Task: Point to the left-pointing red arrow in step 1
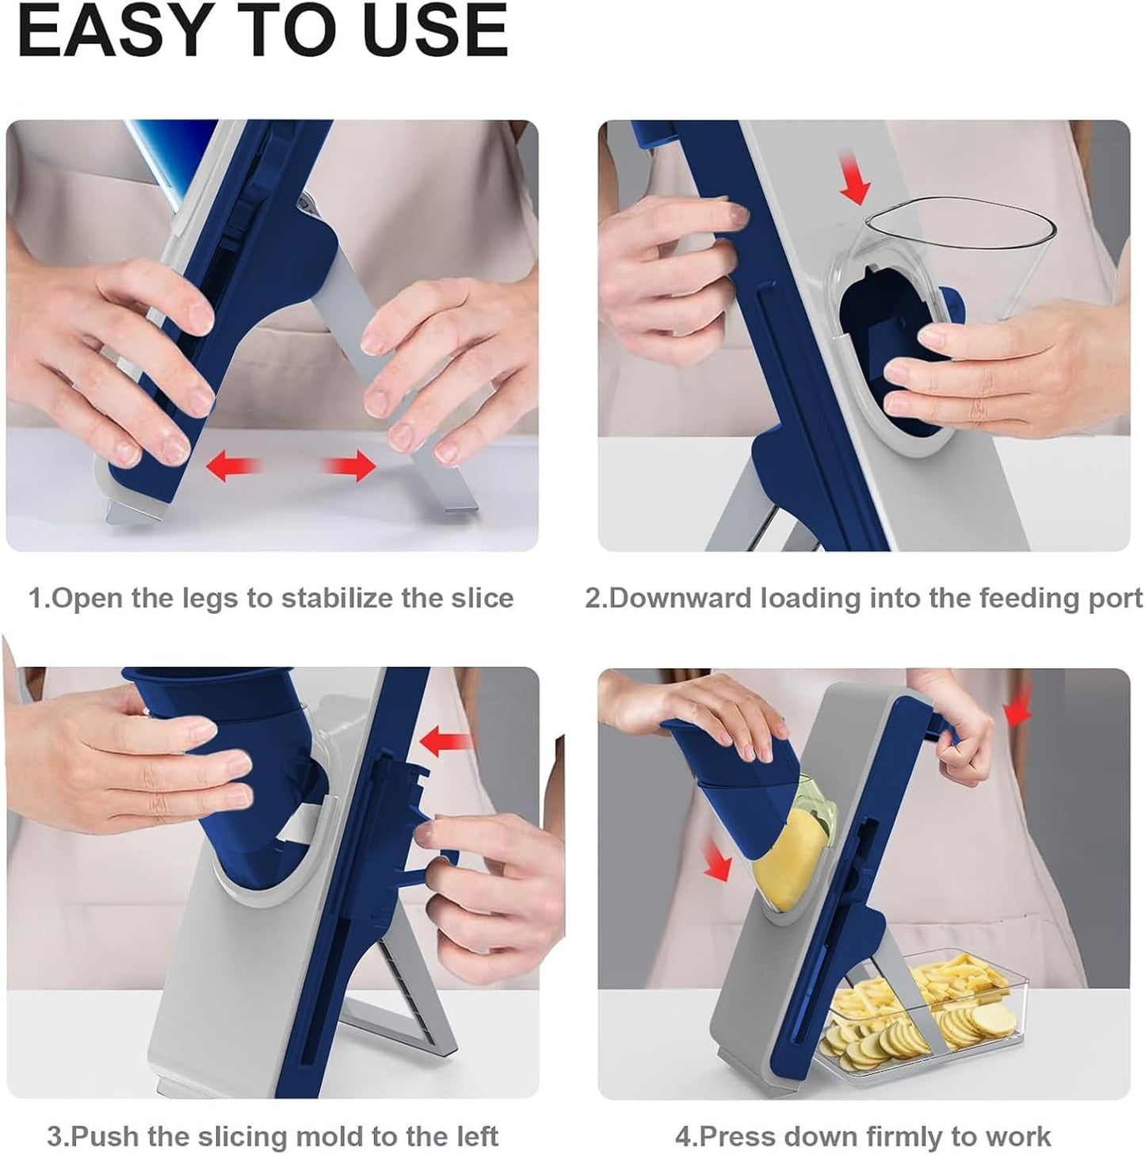tap(232, 465)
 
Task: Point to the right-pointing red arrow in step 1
tap(350, 465)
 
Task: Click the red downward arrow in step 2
tap(854, 178)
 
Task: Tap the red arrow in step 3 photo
tap(445, 741)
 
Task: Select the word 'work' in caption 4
tap(1020, 1119)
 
